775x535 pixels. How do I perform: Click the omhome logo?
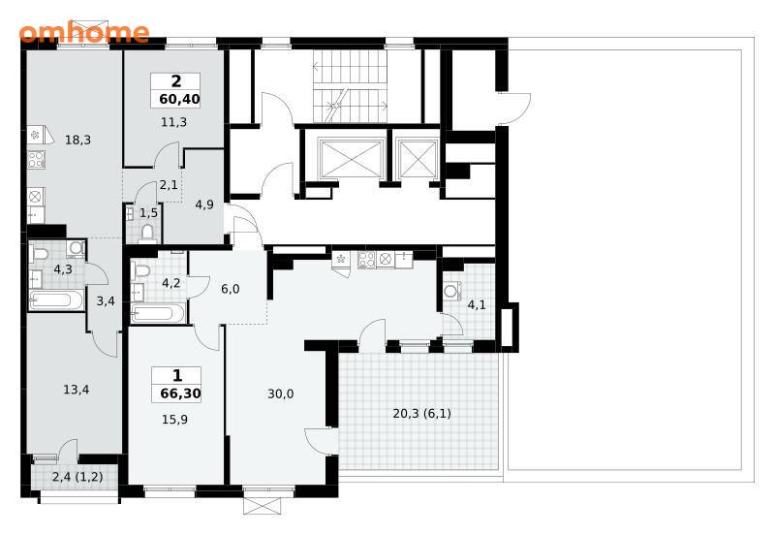[x=84, y=33]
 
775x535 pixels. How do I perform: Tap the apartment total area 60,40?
[x=179, y=99]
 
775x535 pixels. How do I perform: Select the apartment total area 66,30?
[x=180, y=393]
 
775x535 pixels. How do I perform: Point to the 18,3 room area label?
[x=77, y=140]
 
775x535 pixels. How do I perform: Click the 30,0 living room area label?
[x=281, y=393]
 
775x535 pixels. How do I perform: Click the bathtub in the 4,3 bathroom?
[x=56, y=300]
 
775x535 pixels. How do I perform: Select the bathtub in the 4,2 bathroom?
[x=158, y=313]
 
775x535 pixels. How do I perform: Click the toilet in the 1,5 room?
[x=147, y=233]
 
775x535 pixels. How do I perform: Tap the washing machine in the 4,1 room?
[x=451, y=291]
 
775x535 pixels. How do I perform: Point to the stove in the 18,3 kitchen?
[x=36, y=159]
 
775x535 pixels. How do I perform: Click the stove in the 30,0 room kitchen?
[x=366, y=260]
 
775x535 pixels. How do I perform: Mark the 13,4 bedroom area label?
[x=77, y=390]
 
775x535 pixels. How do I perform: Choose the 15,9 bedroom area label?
[x=174, y=420]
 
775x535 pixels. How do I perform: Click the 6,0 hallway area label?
[x=231, y=289]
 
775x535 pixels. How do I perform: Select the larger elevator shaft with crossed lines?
[x=352, y=158]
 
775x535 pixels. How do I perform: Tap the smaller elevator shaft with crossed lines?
[x=418, y=158]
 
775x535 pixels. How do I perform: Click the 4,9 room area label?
[x=204, y=205]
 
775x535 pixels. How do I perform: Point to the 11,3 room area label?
[x=174, y=122]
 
